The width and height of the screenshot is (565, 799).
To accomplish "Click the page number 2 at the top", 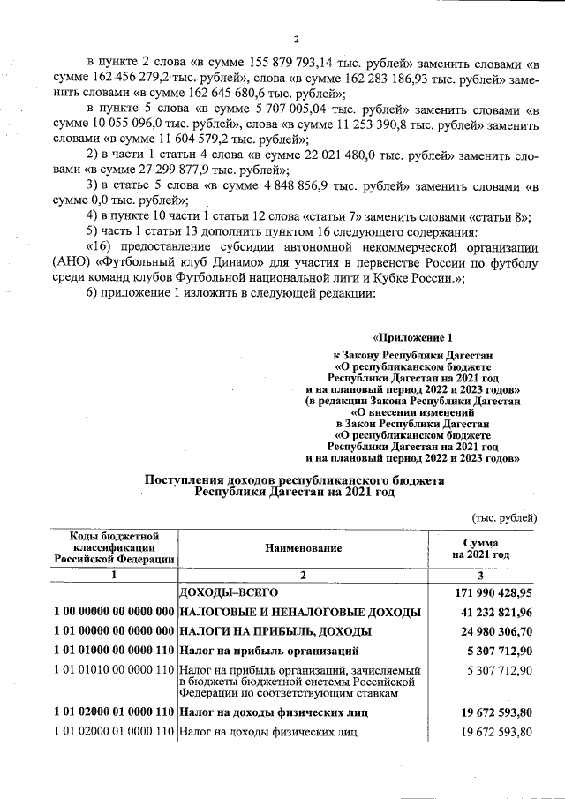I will [297, 40].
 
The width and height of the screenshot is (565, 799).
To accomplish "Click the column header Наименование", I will [303, 548].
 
